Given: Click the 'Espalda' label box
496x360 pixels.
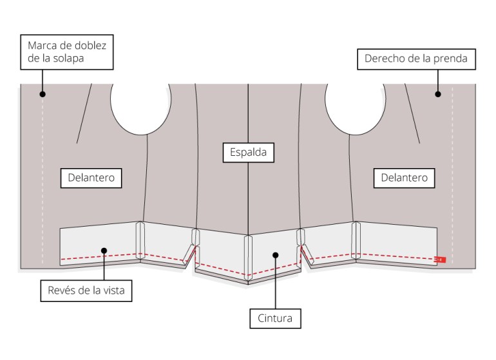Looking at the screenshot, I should (248, 153).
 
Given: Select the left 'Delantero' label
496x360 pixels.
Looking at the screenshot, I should (95, 178).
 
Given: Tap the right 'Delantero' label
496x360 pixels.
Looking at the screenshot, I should (403, 178).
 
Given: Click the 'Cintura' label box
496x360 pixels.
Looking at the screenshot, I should (275, 317).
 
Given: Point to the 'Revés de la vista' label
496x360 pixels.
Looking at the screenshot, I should (86, 290).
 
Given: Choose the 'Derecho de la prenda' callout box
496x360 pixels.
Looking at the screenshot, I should (416, 61).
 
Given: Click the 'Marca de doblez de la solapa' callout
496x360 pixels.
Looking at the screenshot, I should (68, 52).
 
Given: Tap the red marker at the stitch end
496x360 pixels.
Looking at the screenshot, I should (441, 260).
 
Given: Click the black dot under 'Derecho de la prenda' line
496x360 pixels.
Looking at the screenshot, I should (437, 94).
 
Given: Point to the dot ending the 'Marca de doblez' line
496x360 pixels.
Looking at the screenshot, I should (43, 94).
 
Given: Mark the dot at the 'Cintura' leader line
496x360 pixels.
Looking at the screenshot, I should (275, 254).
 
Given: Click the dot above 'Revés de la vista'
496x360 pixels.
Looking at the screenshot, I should (104, 252).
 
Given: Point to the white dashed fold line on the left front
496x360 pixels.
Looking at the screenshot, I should (43, 180).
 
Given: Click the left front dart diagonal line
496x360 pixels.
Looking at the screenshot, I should (83, 116).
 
